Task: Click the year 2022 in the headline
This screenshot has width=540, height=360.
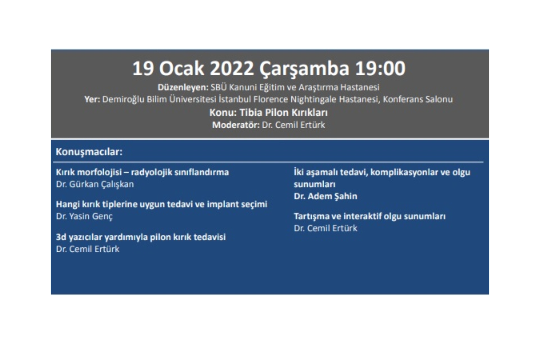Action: (232, 68)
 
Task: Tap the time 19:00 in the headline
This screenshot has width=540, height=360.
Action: (380, 68)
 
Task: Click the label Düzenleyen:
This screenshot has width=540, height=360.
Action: (183, 87)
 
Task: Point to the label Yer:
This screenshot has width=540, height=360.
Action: (92, 100)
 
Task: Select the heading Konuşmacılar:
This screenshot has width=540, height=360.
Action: (89, 152)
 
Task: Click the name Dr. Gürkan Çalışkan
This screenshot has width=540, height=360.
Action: (95, 184)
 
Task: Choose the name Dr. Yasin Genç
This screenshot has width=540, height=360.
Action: (84, 217)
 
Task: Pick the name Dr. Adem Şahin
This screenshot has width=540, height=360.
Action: (325, 196)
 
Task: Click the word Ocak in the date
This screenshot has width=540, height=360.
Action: (181, 68)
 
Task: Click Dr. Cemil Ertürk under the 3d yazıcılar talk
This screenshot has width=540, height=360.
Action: (87, 249)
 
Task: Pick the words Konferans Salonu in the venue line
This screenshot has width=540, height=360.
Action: (418, 100)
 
